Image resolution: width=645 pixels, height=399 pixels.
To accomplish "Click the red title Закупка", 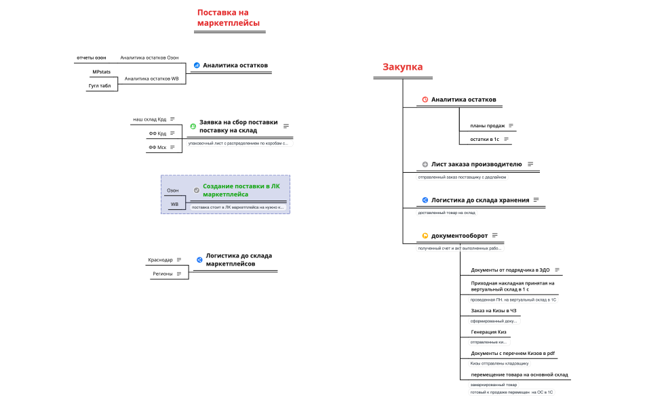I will coord(402,67).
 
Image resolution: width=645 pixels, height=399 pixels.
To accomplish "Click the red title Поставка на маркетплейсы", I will coord(228,18).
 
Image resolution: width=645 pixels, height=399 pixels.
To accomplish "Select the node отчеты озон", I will coord(92,58).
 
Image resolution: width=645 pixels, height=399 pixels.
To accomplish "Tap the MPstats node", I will coord(102,72).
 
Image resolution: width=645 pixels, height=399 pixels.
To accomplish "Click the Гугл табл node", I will coord(100,86).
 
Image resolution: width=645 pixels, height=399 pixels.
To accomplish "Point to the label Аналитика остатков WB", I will coord(151,79).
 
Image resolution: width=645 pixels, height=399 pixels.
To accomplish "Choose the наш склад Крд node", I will coord(149,119).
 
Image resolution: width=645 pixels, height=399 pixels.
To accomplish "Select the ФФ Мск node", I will coord(157,147).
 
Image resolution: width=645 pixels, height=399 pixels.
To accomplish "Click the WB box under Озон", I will coord(174,204).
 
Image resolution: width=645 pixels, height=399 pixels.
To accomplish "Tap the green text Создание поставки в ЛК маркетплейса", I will coord(241,190).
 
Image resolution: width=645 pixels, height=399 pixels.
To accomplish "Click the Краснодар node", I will coord(160,259).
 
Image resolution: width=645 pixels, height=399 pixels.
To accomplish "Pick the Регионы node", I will coord(163,274).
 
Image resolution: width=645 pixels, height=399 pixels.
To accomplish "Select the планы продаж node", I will coord(488,125).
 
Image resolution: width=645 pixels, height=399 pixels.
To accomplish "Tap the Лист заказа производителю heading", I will coord(476,164).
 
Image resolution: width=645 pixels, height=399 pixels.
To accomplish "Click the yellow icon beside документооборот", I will coord(425,236).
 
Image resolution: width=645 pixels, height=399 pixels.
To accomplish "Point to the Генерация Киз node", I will coord(488,332).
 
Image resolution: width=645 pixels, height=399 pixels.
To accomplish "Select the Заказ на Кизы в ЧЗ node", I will coord(494,310).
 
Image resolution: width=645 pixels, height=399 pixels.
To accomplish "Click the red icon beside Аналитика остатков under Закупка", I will coord(425,100).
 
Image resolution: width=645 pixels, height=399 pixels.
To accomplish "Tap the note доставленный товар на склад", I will coord(446,213).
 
